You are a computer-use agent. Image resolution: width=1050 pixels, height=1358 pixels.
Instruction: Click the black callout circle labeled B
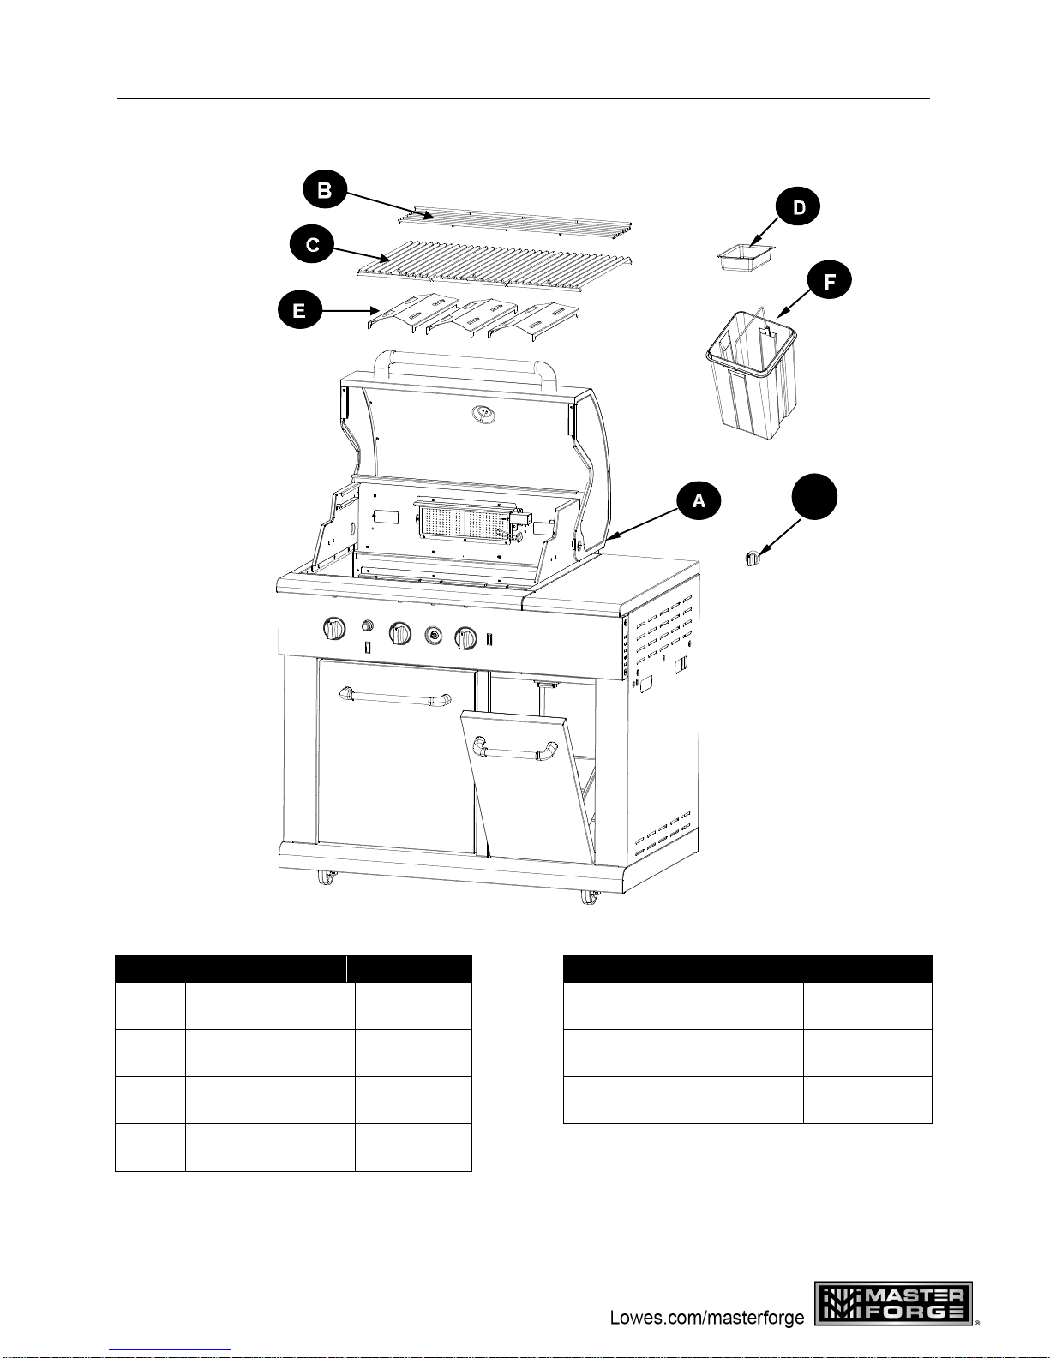325,189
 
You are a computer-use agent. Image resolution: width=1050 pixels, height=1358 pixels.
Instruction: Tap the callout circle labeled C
312,243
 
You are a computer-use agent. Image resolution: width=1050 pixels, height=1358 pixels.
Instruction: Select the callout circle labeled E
300,310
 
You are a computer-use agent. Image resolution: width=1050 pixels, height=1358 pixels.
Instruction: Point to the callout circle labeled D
797,206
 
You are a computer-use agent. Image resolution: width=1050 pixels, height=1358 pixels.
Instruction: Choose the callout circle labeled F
830,281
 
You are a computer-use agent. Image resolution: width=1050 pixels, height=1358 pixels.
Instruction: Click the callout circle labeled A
699,500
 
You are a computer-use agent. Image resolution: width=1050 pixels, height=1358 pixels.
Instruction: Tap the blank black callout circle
814,497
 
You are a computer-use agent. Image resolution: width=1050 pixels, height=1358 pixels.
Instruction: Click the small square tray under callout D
747,257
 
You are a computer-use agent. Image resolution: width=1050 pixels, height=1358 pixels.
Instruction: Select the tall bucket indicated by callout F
752,373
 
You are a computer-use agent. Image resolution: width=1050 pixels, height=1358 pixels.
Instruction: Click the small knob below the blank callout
752,558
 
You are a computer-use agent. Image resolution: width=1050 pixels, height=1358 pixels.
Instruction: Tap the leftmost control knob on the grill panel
334,628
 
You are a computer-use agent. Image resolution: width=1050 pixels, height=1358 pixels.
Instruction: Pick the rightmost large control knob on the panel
465,637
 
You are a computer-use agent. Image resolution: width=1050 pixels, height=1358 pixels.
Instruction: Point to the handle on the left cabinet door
395,697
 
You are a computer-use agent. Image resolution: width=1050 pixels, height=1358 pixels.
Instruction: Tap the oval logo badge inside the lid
483,413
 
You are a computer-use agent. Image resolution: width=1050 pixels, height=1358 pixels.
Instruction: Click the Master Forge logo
893,1303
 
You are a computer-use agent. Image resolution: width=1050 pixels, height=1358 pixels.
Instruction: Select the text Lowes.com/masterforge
707,1318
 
